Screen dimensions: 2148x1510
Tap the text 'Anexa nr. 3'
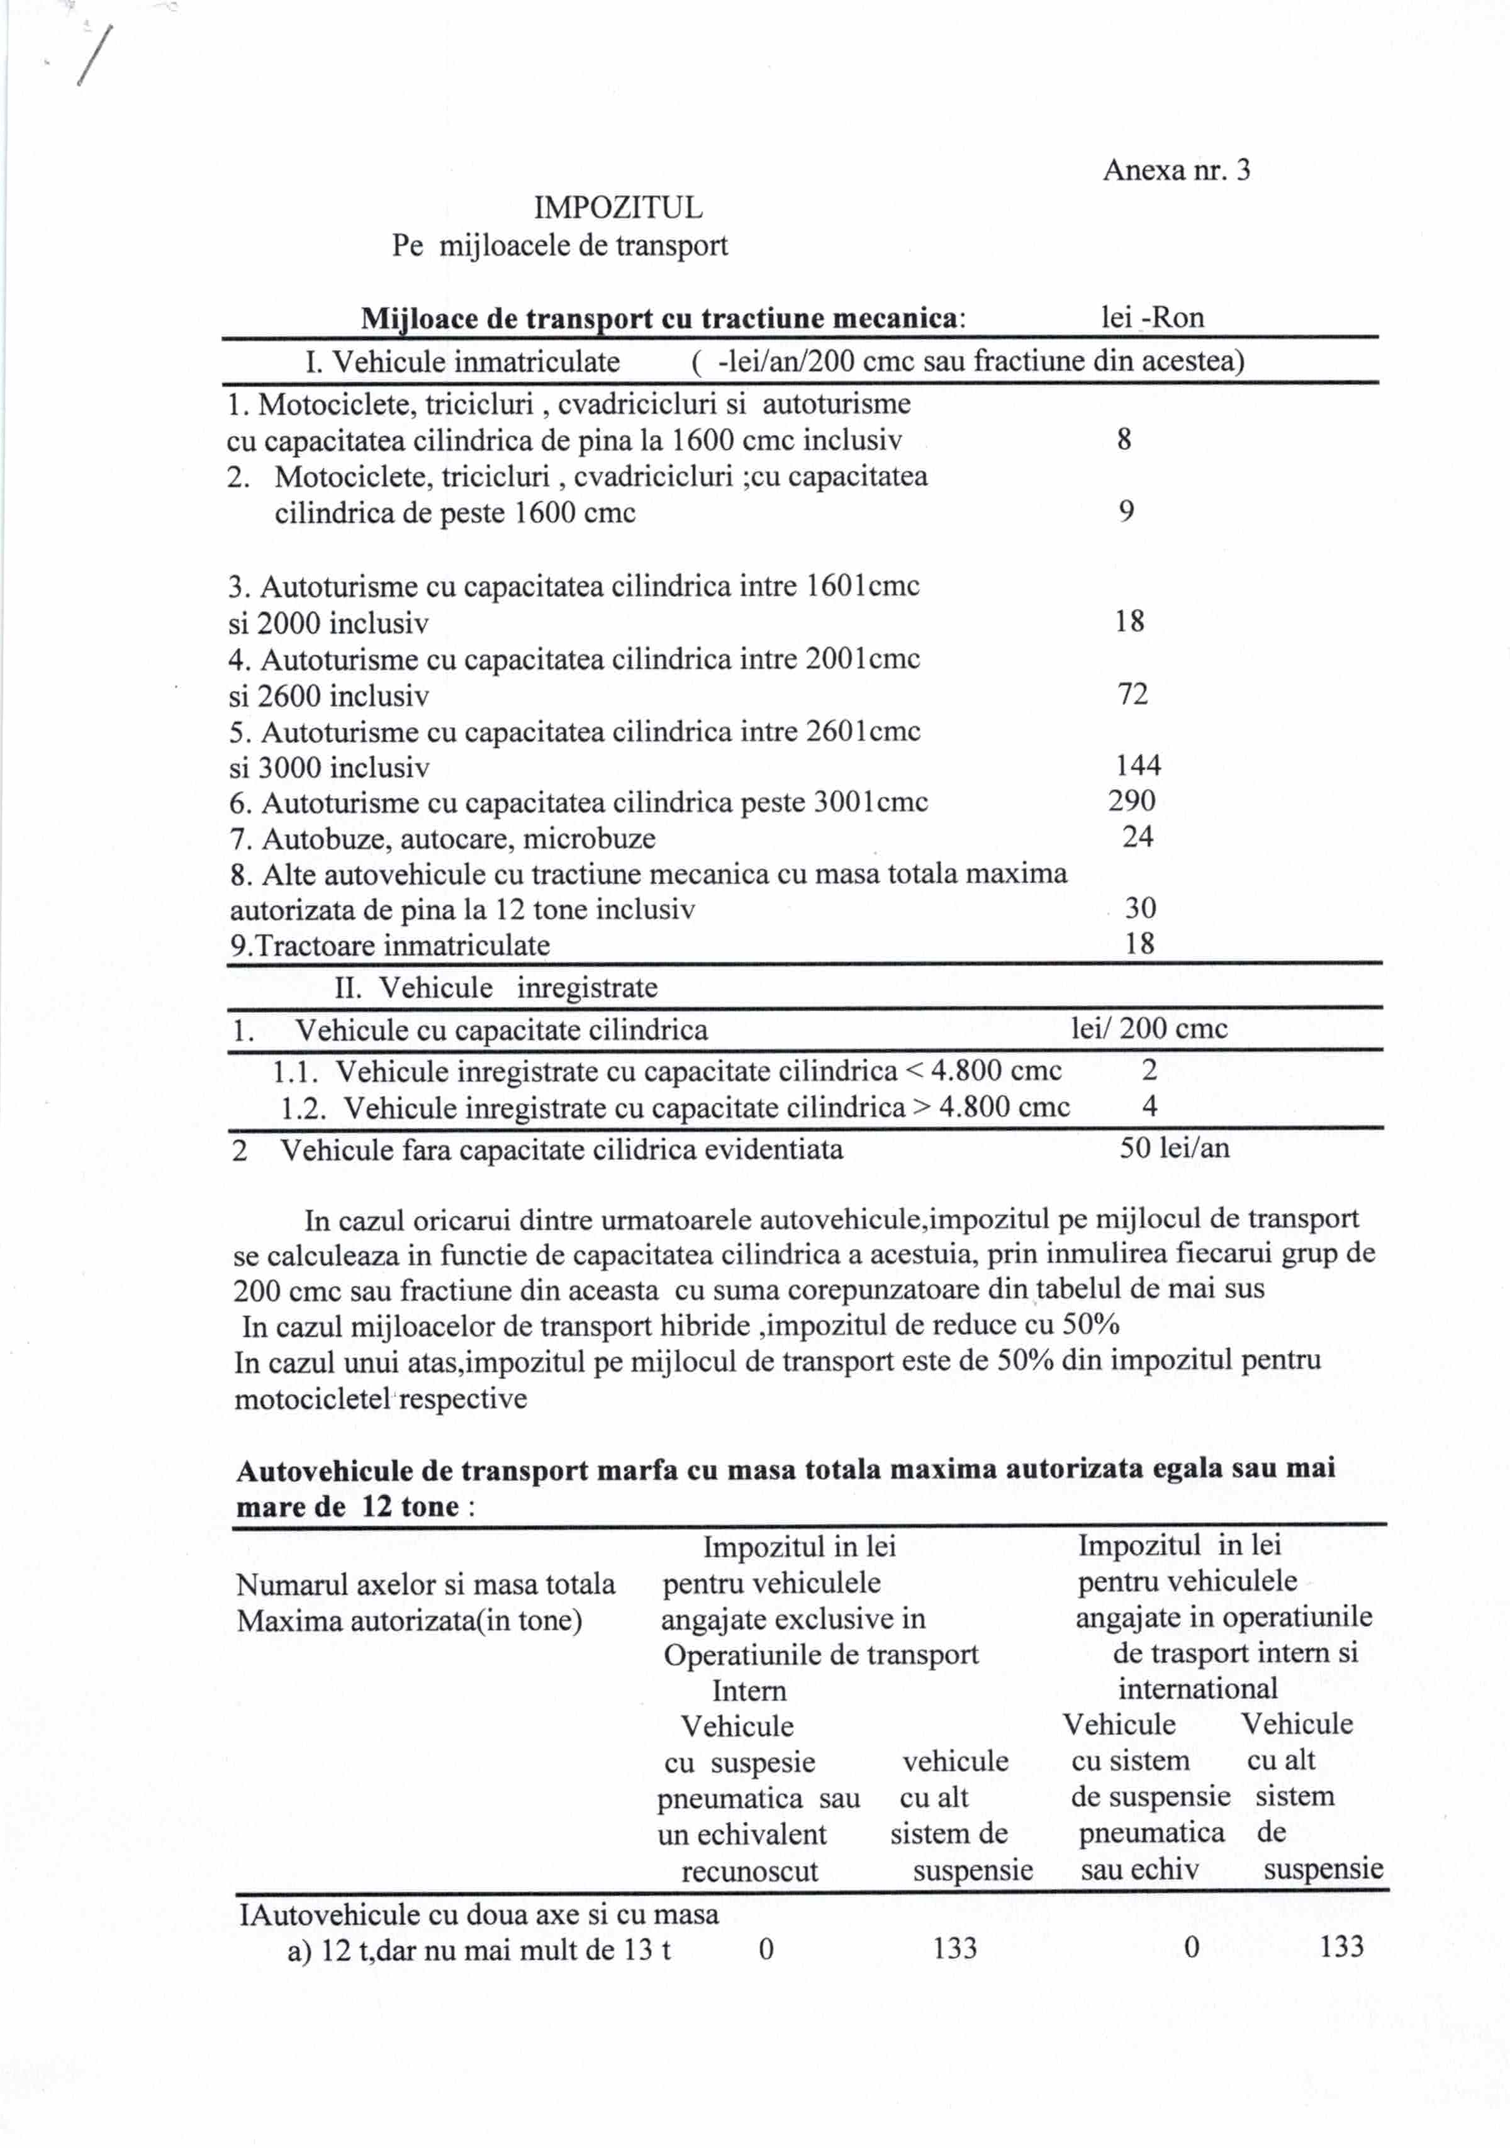1176,171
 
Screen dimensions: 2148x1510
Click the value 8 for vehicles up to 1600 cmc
1124,440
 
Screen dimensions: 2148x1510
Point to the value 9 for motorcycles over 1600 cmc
1126,512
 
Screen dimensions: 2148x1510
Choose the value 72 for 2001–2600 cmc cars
1132,694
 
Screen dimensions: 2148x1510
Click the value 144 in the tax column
1138,766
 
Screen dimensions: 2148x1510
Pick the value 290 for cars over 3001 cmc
1132,802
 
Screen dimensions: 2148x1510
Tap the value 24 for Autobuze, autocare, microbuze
1138,837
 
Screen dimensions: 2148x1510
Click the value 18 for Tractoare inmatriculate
1139,944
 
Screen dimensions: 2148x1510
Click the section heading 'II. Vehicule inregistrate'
496,988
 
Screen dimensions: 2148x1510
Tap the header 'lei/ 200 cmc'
1149,1029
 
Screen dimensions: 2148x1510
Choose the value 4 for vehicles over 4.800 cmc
1150,1107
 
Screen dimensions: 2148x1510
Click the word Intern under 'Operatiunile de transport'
749,1691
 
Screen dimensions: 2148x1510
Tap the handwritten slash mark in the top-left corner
96,56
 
